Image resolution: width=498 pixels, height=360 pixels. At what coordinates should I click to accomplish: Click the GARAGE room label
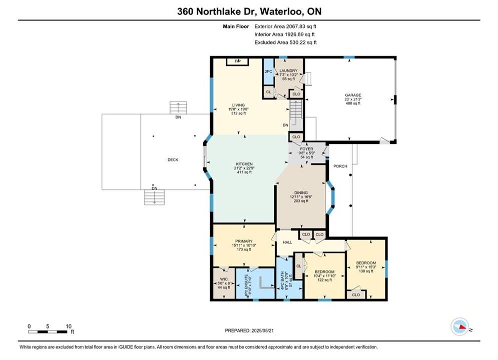point(353,95)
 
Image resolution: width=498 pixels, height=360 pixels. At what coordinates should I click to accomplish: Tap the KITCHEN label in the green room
point(244,164)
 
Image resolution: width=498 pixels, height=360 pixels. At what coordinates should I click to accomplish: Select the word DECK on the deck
point(173,160)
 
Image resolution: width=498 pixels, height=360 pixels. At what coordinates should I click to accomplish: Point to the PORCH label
point(340,166)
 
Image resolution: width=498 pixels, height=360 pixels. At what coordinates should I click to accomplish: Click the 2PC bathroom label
point(268,71)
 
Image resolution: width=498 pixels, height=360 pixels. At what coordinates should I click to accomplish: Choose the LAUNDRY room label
point(288,70)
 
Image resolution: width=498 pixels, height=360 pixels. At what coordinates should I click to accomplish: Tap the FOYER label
point(306,149)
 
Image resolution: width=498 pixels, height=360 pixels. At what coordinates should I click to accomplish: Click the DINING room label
point(301,193)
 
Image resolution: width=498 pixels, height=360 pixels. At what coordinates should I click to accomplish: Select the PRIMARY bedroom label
point(244,241)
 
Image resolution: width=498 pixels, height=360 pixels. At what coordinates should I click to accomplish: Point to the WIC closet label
point(224,279)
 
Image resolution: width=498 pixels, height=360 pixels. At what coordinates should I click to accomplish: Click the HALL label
point(287,242)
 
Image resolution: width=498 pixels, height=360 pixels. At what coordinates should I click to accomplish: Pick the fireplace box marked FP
point(237,61)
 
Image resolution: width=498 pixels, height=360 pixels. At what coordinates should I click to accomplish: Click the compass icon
point(459,326)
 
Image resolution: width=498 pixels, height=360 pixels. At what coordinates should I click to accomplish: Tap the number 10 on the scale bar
point(69,326)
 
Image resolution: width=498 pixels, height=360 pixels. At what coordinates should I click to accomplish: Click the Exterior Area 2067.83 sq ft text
point(285,26)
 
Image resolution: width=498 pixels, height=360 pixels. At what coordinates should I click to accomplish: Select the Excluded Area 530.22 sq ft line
point(285,42)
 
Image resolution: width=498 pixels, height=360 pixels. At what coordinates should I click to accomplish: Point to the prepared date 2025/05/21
point(262,330)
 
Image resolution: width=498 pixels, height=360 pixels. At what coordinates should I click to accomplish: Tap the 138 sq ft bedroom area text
point(366,271)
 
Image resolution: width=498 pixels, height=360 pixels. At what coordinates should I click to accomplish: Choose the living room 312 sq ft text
point(238,113)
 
